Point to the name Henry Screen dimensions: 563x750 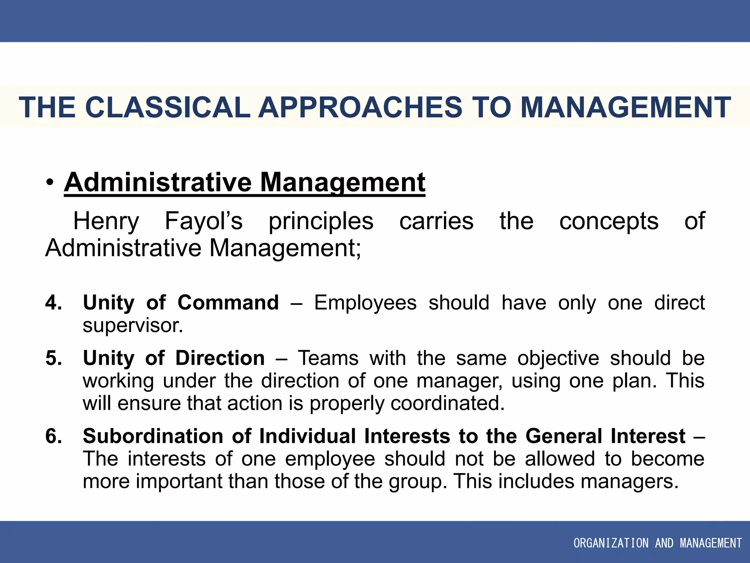pyautogui.click(x=106, y=221)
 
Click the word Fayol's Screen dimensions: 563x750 pyautogui.click(x=204, y=221)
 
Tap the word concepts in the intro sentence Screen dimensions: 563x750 pyautogui.click(x=609, y=221)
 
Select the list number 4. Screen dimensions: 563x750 pyautogui.click(x=53, y=303)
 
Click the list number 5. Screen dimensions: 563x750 pyautogui.click(x=53, y=358)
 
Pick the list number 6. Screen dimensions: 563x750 pyautogui.click(x=53, y=436)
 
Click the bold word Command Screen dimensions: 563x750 pyautogui.click(x=228, y=303)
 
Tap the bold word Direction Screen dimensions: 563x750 pyautogui.click(x=220, y=358)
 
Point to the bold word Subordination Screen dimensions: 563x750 pyautogui.click(x=153, y=436)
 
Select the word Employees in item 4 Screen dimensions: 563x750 pyautogui.click(x=365, y=303)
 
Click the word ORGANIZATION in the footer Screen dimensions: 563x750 pyautogui.click(x=610, y=543)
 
